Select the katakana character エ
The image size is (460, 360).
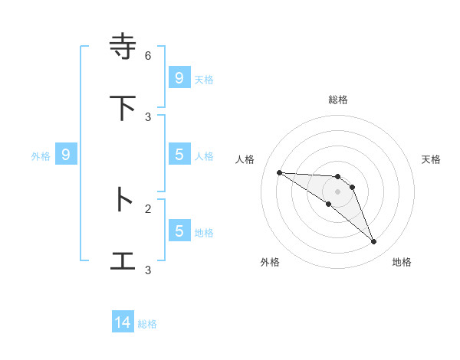(x=123, y=260)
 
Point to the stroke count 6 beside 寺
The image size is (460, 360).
(x=148, y=56)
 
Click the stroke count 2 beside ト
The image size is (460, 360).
(x=148, y=208)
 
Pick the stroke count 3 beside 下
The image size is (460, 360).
(x=148, y=117)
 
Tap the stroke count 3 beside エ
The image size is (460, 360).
(x=148, y=270)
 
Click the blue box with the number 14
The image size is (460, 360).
(x=123, y=323)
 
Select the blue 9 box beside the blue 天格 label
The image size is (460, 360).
(x=179, y=77)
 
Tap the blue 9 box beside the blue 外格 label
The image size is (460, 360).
(x=66, y=155)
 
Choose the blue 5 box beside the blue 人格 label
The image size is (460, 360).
(x=179, y=155)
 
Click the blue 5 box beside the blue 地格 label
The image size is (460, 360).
(x=179, y=231)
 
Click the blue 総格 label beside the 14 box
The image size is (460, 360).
(x=147, y=324)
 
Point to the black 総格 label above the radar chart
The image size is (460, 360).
(x=338, y=100)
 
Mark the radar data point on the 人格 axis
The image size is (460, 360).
(x=279, y=172)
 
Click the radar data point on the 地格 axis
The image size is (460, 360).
(x=374, y=242)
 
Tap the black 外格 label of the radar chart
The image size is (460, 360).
(x=270, y=262)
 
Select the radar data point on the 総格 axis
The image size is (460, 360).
(x=338, y=177)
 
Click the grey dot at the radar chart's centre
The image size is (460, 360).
(x=338, y=191)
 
